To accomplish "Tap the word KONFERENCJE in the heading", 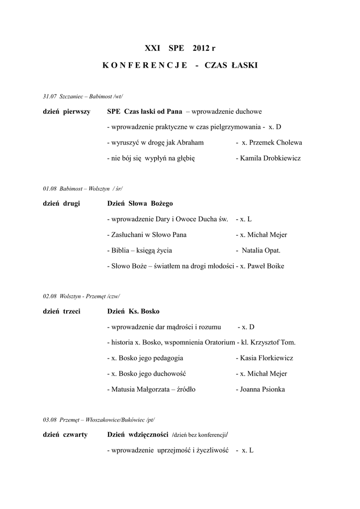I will (145, 66).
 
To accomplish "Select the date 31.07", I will (50, 96).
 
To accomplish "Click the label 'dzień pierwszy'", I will (67, 112).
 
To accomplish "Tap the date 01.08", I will (50, 189).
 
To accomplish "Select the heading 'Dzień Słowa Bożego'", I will (140, 204).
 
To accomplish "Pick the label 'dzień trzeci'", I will (62, 312).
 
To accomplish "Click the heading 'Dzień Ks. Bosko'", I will (133, 312).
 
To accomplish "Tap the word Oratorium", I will (216, 342).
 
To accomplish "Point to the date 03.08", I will (50, 420).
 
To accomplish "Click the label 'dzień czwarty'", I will (65, 435).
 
